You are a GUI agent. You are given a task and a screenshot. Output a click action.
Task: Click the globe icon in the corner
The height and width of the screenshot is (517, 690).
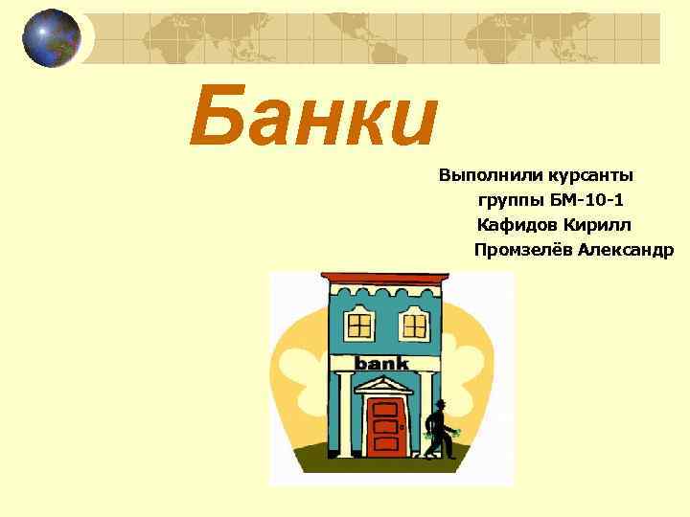52,38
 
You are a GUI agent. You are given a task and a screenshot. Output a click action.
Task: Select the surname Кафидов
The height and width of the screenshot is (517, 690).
516,225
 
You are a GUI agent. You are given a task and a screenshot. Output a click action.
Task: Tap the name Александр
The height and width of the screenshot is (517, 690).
627,250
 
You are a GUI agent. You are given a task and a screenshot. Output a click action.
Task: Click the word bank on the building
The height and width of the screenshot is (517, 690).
381,364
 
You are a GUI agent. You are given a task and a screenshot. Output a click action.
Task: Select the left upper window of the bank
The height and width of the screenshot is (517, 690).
359,324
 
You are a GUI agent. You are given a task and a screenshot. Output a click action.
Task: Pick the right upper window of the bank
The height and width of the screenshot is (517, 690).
413,324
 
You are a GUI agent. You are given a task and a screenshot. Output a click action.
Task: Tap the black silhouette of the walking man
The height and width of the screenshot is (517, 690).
440,431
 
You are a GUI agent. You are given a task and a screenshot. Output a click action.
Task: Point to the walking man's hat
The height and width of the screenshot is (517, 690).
441,402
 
